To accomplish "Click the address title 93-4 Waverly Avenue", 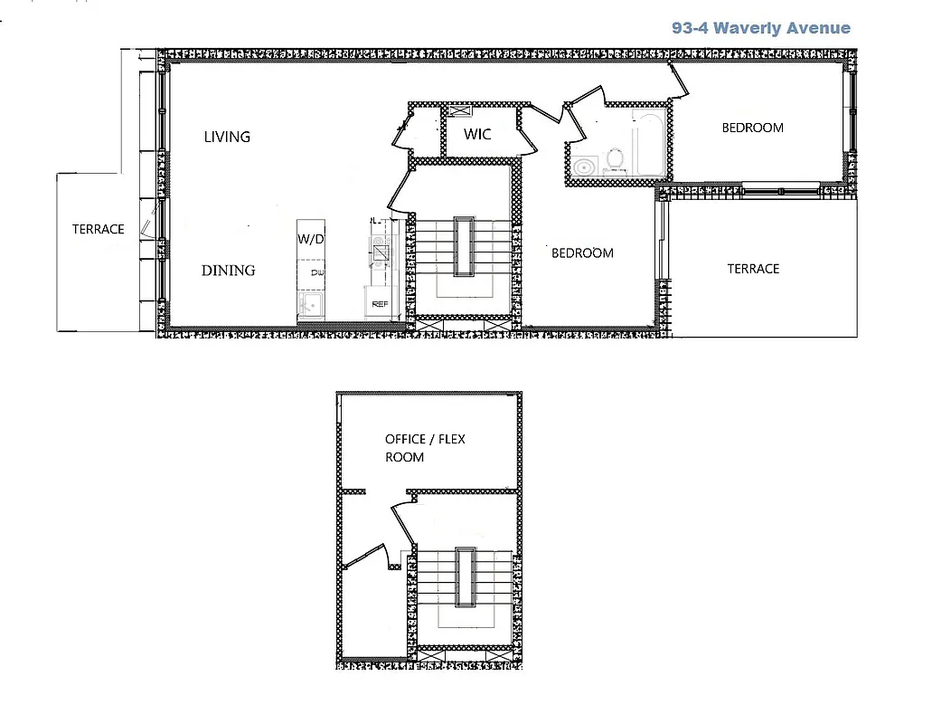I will [x=760, y=28].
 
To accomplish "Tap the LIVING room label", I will [x=227, y=137].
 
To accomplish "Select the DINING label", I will [x=228, y=270].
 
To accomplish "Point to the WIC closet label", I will [x=477, y=134].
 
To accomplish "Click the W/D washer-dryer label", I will [x=310, y=241].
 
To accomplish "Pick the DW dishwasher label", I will [x=316, y=272].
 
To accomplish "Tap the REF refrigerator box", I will [x=380, y=305].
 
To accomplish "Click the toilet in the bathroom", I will [x=616, y=158].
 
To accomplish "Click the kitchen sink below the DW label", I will [x=312, y=303].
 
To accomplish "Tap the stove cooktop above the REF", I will [x=379, y=243].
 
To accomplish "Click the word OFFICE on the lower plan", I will [x=405, y=439].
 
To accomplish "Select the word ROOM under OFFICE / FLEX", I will [x=404, y=457].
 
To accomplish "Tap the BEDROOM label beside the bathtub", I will [x=752, y=128].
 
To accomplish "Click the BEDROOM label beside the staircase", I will [x=582, y=253].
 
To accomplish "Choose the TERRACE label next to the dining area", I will [x=98, y=229].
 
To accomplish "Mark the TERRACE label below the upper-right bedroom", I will [x=753, y=269].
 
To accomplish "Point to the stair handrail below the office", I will [x=465, y=576].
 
